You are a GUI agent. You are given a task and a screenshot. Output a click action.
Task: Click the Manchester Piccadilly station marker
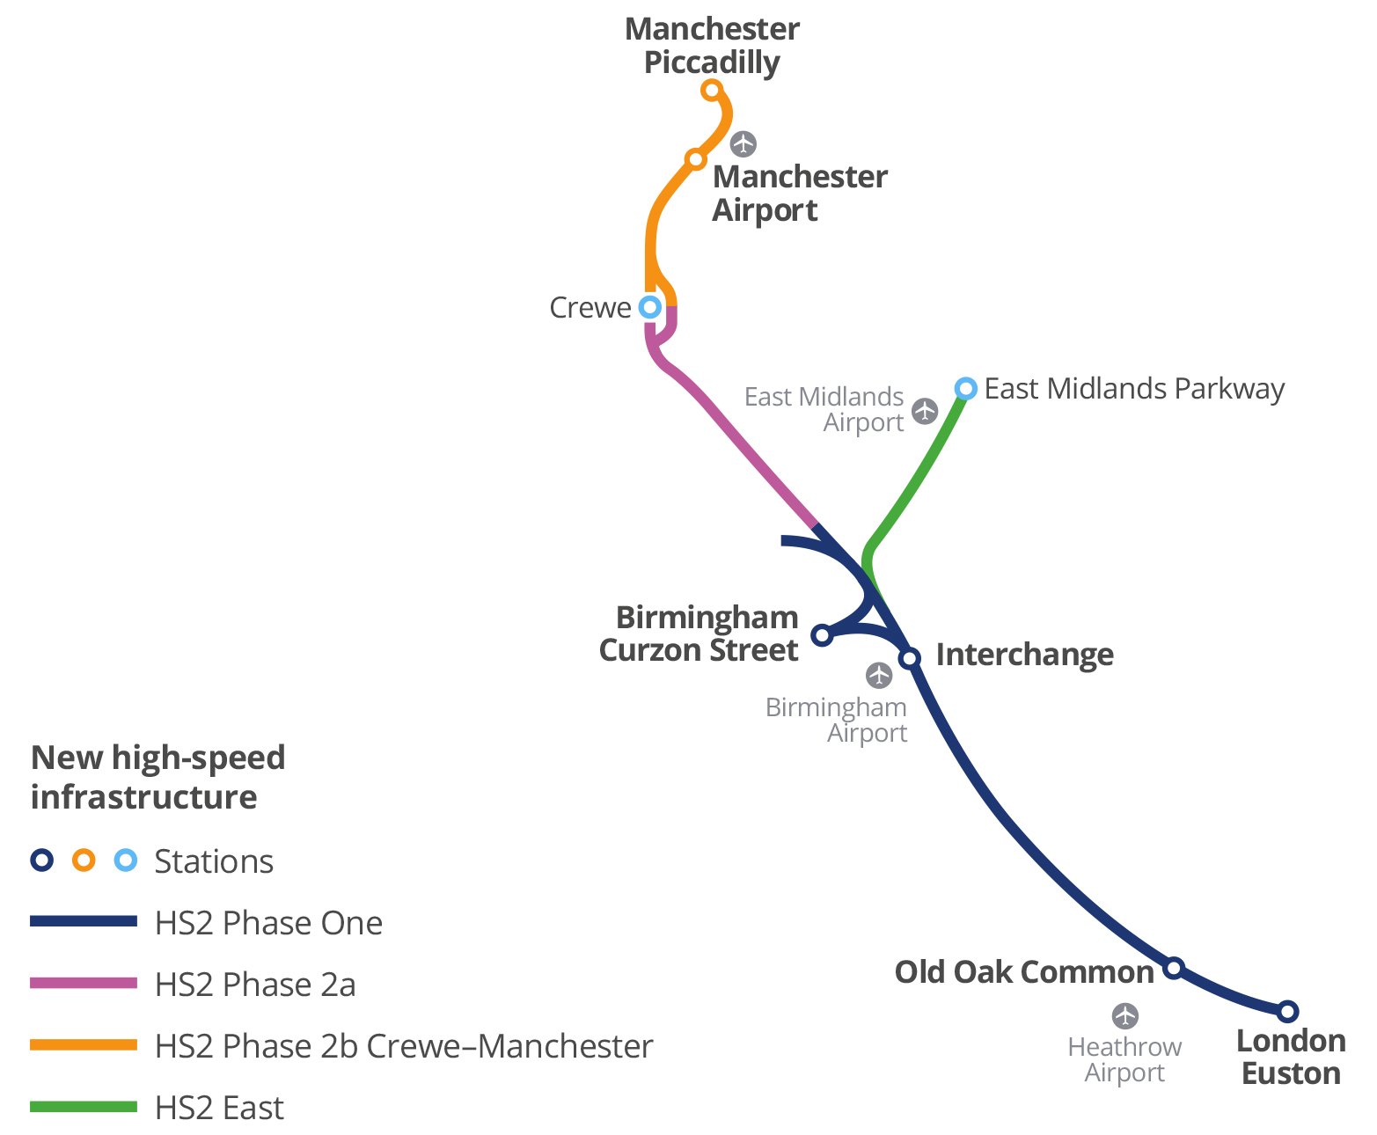712,90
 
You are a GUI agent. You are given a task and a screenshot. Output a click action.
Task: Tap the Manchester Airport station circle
696,159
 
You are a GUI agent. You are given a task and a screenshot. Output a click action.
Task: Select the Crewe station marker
649,307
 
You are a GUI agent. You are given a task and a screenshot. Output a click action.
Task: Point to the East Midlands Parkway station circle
966,388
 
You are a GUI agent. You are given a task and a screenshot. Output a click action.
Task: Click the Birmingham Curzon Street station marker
821,634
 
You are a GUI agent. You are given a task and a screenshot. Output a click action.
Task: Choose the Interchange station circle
910,658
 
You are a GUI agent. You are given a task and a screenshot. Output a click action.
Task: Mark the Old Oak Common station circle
1174,968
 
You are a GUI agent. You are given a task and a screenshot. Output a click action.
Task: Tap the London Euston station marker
1287,1011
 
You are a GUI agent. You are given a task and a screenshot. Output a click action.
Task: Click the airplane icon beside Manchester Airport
743,143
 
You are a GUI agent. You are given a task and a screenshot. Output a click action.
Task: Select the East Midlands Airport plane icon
925,411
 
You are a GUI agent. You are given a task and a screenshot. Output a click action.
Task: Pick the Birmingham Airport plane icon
879,676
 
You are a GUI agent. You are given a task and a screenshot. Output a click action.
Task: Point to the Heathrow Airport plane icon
1125,1016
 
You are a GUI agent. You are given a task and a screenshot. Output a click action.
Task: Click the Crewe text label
590,308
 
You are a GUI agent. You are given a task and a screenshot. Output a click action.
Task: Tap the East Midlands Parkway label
1134,389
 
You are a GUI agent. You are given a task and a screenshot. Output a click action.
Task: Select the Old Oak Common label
1024,972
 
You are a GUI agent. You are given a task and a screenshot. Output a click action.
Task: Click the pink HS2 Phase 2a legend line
84,983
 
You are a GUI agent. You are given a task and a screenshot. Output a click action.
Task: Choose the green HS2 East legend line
84,1106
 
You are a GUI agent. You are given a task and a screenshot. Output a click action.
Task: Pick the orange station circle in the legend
84,860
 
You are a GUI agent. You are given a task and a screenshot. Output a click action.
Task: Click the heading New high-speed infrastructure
157,777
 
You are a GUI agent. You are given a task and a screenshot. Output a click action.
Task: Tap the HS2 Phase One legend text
268,923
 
